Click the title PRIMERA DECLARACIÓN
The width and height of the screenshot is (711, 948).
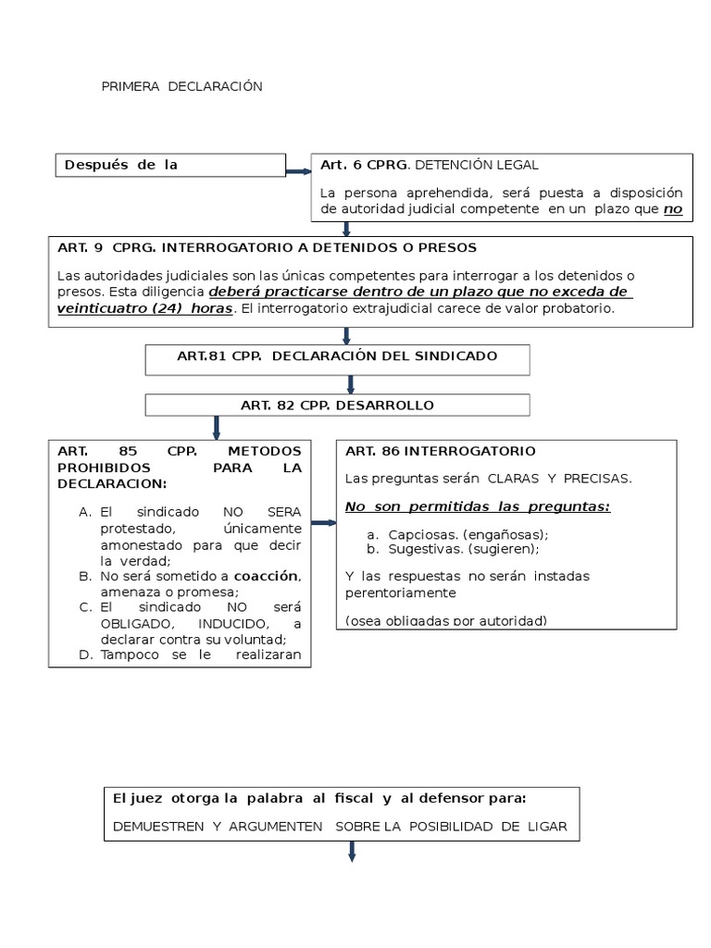click(181, 86)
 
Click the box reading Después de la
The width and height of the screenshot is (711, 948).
click(120, 166)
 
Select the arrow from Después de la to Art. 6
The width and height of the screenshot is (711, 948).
click(298, 171)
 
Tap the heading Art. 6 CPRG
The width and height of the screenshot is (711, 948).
click(364, 166)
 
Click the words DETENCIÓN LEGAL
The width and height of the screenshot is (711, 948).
click(475, 166)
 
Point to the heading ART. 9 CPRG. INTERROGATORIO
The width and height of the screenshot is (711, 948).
click(267, 248)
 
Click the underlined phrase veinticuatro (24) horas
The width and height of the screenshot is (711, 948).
click(144, 308)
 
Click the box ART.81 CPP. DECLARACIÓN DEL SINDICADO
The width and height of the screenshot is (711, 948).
click(338, 356)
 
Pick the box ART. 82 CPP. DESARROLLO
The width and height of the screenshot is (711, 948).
click(337, 405)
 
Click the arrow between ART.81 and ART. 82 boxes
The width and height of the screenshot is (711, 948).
click(351, 383)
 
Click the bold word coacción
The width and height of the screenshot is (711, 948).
click(266, 576)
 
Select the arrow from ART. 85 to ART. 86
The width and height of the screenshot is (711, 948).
click(322, 523)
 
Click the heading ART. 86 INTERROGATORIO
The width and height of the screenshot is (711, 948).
click(440, 451)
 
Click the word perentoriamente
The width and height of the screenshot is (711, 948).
click(401, 592)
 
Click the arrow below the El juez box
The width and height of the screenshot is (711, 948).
click(352, 852)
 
